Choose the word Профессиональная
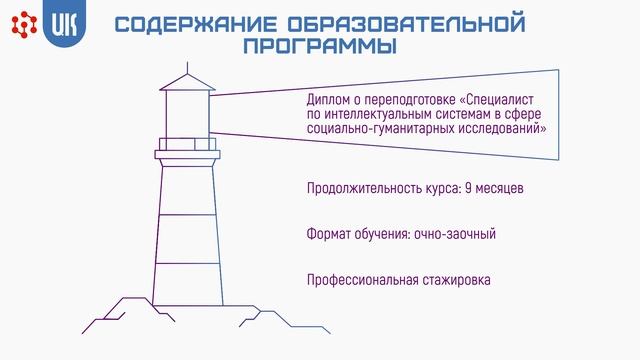361,279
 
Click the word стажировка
455,279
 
